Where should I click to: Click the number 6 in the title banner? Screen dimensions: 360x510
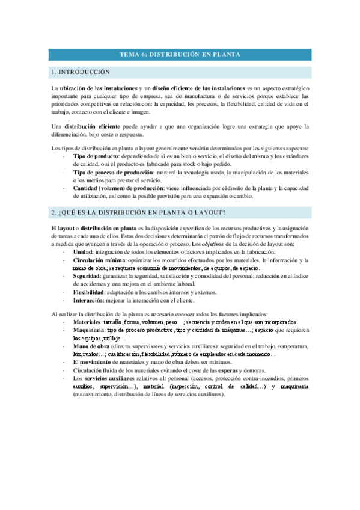(142, 55)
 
